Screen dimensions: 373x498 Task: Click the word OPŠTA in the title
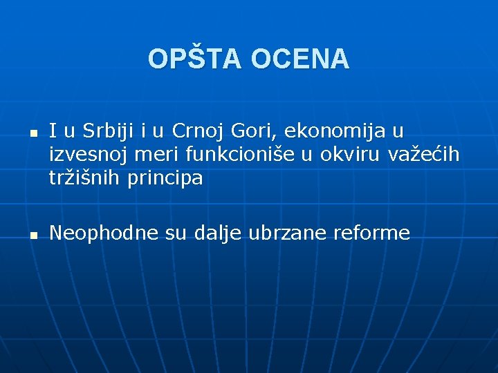coord(196,59)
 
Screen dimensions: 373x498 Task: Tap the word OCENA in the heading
coord(300,59)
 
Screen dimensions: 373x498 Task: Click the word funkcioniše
coord(239,154)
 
